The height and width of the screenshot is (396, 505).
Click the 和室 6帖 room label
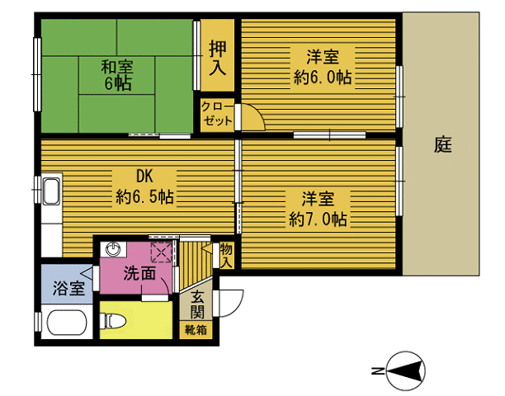coord(116,74)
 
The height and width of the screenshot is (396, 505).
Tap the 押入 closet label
coord(218,58)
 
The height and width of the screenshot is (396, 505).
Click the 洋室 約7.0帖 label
coord(318,209)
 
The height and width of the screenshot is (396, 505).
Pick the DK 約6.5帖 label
coord(144,186)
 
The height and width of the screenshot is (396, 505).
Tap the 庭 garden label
coord(442,144)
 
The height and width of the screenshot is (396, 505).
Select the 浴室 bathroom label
coord(68,288)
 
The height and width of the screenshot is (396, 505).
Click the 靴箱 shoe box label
coord(196,330)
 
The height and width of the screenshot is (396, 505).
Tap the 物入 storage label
coord(225,254)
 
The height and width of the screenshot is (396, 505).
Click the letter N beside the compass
coord(377,370)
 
